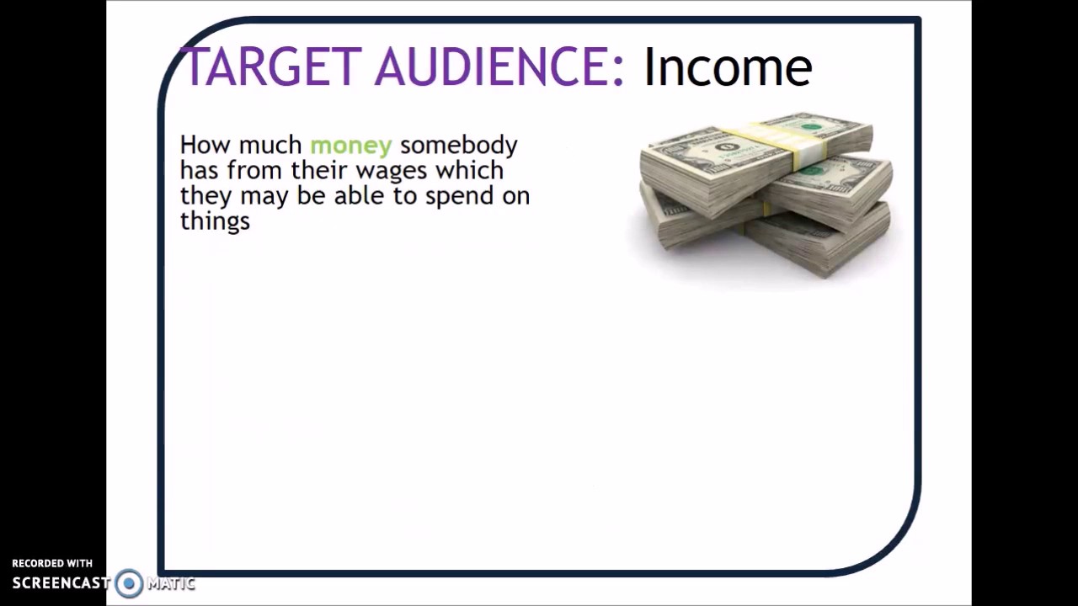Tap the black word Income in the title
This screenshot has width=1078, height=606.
tap(727, 67)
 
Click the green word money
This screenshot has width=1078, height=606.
tap(350, 146)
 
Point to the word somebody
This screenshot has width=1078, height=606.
tap(458, 146)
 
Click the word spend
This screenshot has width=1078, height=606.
tap(459, 197)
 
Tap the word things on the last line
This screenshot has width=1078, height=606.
tap(215, 222)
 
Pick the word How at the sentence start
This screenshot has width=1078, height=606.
tap(205, 146)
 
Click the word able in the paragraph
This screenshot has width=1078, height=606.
tap(359, 196)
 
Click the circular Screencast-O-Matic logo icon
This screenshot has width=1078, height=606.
tap(129, 583)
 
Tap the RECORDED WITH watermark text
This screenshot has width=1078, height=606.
tap(52, 563)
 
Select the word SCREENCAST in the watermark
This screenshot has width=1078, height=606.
tap(61, 583)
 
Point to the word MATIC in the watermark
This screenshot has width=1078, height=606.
tap(171, 583)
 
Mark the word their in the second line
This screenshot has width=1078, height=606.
tap(320, 171)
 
